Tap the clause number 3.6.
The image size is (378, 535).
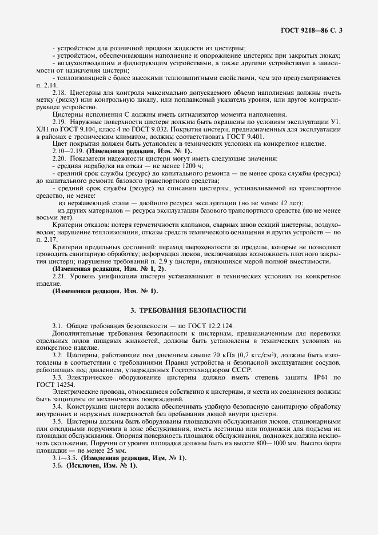click(x=57, y=466)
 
